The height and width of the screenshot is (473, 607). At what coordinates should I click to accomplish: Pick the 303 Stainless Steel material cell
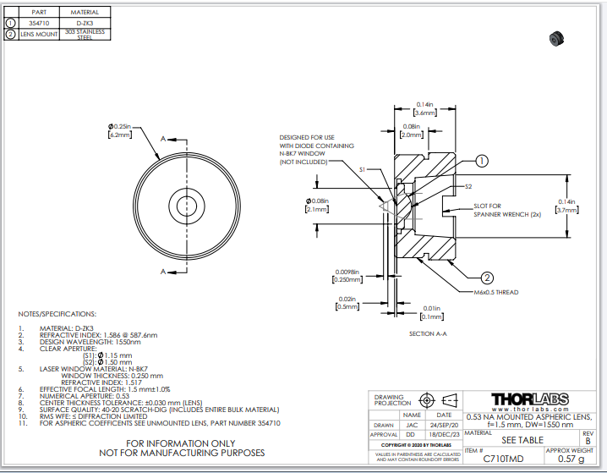tap(85, 35)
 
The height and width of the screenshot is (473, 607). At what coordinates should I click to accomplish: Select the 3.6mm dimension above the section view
tap(424, 113)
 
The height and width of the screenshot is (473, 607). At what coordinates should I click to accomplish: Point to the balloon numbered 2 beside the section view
tap(488, 277)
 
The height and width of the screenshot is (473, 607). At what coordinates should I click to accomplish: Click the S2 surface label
tap(468, 185)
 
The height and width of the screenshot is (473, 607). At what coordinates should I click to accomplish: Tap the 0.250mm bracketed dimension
tap(347, 279)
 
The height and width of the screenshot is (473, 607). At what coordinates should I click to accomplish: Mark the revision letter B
tap(588, 440)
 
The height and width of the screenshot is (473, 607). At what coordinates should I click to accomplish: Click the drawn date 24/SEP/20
tap(444, 425)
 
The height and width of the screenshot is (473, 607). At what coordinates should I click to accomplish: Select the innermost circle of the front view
tap(185, 203)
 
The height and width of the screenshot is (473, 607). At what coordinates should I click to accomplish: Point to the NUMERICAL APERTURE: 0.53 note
tap(85, 395)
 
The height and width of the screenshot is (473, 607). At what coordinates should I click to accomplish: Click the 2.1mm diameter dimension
tap(316, 209)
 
